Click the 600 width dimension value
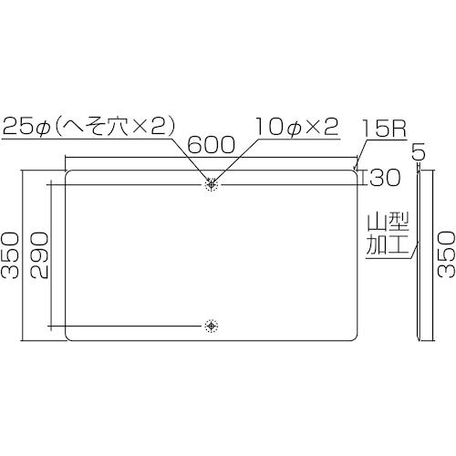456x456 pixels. pos(211,145)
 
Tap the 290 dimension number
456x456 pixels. pos(39,255)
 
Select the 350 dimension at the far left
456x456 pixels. pos(10,255)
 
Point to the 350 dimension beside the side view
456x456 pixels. pos(446,254)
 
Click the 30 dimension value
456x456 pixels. pos(384,178)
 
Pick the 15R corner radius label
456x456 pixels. pos(384,129)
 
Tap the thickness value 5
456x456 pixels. pos(419,153)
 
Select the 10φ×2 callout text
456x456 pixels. pos(297,127)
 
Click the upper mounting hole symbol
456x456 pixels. pos(212,184)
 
